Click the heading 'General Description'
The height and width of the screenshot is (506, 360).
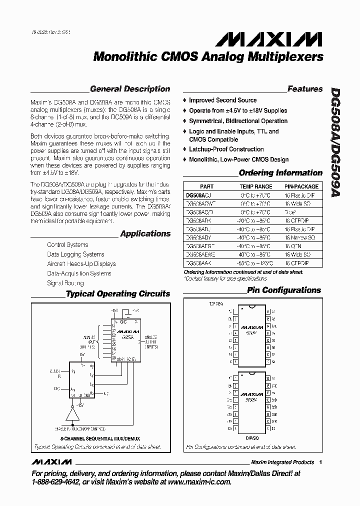[130, 89]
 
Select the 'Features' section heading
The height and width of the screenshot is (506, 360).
[305, 89]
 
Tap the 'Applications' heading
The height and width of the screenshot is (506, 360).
[145, 233]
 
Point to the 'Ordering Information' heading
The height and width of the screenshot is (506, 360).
[280, 173]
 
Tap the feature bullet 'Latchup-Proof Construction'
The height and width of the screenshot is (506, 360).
[226, 149]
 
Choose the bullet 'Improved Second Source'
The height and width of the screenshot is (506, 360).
[222, 100]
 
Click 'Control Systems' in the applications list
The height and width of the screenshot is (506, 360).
[67, 244]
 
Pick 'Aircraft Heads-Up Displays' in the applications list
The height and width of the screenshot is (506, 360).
[81, 263]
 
